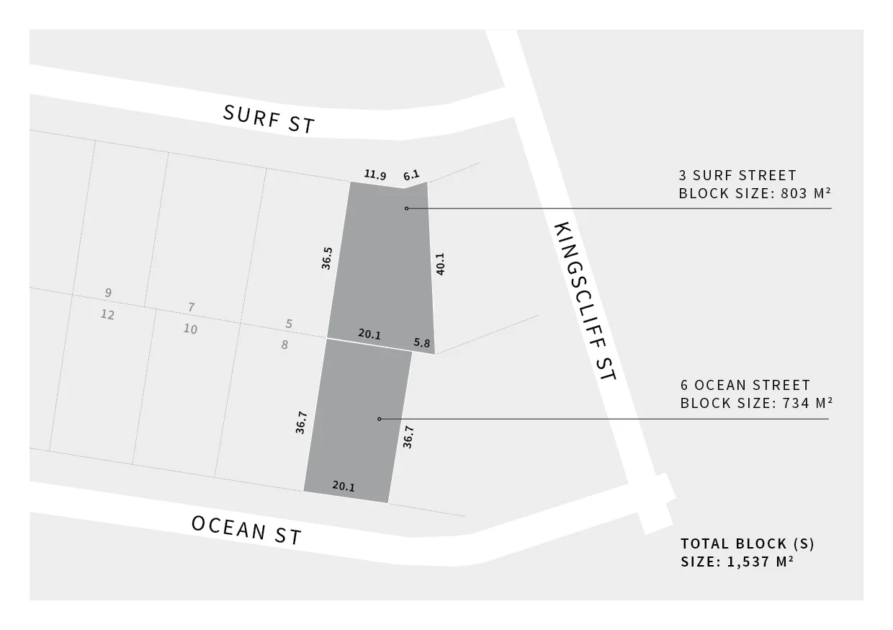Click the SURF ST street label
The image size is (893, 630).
coord(269,120)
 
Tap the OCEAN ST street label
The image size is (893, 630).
coord(246,531)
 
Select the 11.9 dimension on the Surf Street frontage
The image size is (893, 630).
coord(374,174)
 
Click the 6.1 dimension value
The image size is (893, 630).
coord(411,174)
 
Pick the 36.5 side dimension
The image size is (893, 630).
coord(327,258)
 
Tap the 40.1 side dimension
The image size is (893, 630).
coord(440,263)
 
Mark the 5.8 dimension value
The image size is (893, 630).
coord(422,343)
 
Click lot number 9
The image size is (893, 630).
coord(108,293)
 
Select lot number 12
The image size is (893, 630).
coord(108,315)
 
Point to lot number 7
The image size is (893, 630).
coord(191,307)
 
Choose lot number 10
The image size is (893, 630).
coord(190,329)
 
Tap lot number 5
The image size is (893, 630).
coord(289,324)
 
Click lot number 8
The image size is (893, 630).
coord(284,345)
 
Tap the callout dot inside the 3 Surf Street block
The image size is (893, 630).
coord(406,208)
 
